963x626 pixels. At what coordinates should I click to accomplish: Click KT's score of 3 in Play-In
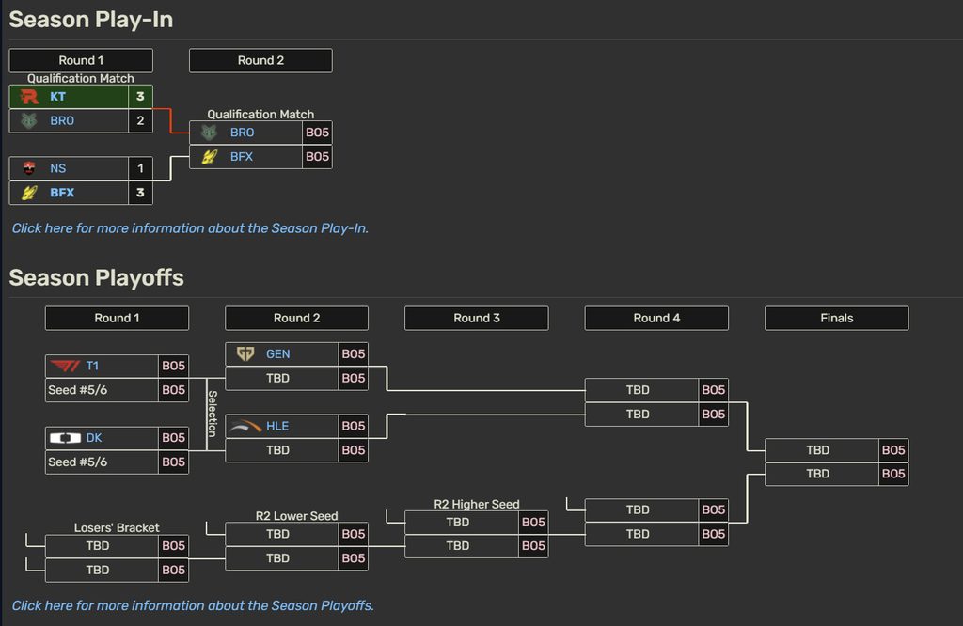(140, 97)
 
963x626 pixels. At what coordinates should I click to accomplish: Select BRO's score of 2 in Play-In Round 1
(140, 120)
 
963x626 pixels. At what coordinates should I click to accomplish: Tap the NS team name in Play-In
(57, 168)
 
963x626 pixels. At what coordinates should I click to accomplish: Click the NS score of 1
(140, 168)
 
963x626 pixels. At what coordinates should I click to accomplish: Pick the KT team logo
(29, 97)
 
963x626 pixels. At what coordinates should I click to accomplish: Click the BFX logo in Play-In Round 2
(210, 156)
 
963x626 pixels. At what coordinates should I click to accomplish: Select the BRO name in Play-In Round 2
(242, 133)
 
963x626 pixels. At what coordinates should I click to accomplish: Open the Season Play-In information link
(190, 228)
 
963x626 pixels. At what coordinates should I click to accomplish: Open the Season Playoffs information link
(193, 605)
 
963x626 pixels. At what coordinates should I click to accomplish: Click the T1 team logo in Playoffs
(65, 367)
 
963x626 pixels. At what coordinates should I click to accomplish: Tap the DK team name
(94, 438)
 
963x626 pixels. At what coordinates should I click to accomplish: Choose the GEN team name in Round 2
(277, 354)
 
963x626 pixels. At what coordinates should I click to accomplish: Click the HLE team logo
(245, 426)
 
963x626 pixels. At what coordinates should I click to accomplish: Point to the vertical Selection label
(213, 414)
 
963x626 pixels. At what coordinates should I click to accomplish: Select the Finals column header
(836, 318)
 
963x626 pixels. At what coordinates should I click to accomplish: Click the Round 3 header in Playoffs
(477, 318)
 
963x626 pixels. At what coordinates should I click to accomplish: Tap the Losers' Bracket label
(117, 528)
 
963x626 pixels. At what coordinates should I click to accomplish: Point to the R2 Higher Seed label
(477, 505)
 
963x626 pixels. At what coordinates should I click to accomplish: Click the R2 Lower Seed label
(296, 516)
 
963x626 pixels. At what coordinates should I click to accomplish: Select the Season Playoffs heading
(97, 278)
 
